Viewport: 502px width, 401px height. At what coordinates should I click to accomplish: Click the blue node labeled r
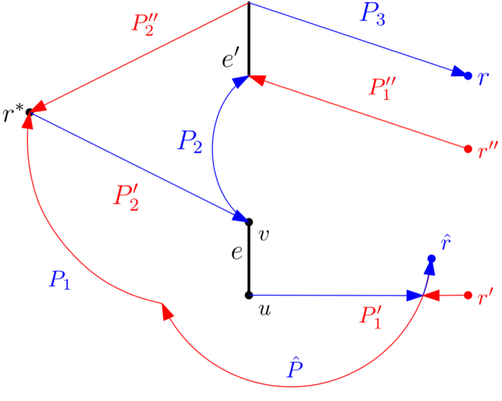pos(468,75)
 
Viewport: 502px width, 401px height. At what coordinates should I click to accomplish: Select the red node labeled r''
pos(468,149)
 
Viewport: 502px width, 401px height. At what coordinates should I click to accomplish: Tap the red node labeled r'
pos(468,296)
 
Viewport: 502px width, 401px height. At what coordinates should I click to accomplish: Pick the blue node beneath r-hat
pos(432,259)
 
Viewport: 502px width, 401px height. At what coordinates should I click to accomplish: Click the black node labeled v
pos(249,221)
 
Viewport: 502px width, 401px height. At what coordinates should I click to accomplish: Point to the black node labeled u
pos(249,296)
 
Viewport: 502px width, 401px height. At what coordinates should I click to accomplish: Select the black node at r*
pos(30,112)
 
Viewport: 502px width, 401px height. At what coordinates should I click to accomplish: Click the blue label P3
pos(372,14)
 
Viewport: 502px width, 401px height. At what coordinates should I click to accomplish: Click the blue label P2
pos(190,142)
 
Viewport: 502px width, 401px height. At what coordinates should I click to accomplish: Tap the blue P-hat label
pos(295,369)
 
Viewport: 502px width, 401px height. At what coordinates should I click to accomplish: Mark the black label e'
pos(230,60)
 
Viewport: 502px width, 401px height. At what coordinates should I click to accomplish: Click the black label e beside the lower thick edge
pos(236,253)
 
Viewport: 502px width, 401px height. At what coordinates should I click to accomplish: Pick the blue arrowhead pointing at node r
pos(458,72)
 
